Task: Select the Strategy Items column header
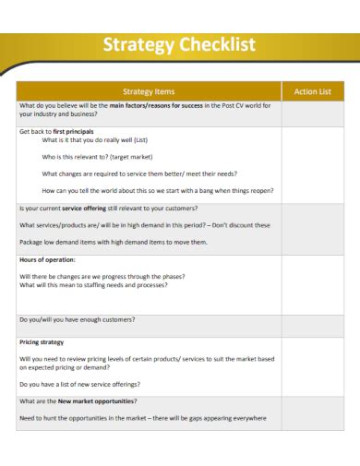tap(149, 91)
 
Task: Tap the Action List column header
tap(312, 91)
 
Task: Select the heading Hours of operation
tap(48, 260)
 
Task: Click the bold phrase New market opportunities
tap(97, 401)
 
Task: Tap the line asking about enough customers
tap(78, 319)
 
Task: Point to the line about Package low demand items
tap(114, 242)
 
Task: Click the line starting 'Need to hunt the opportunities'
tap(142, 417)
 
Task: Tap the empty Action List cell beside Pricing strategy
tap(312, 364)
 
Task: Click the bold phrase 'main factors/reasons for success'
tap(157, 105)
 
